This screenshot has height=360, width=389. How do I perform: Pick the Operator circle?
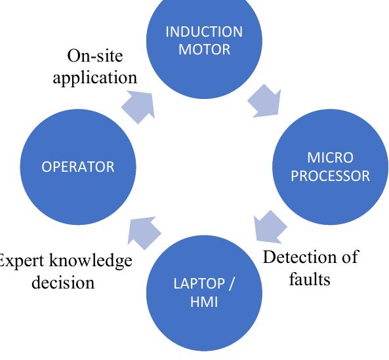[77, 167]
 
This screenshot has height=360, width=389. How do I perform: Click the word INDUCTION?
[203, 32]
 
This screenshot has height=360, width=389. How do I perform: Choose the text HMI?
[203, 303]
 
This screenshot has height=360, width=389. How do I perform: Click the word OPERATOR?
[77, 167]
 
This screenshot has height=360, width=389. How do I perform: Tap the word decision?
[64, 283]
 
